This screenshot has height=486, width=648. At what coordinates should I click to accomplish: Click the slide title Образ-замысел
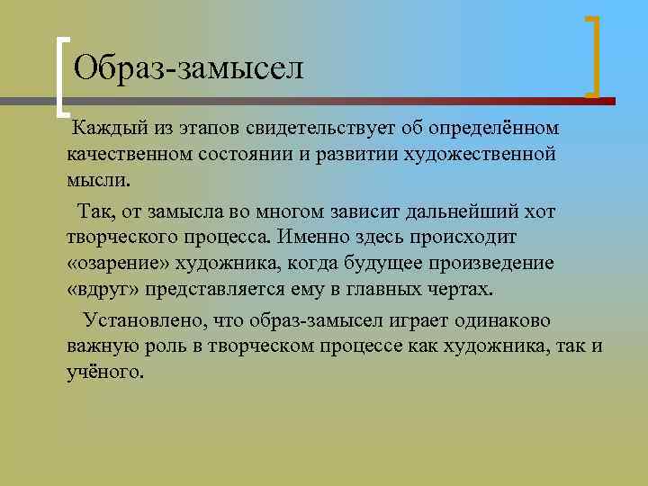(x=189, y=67)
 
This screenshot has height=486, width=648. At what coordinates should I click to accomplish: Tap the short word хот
(x=540, y=212)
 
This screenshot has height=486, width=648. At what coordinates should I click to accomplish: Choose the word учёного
(x=104, y=371)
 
